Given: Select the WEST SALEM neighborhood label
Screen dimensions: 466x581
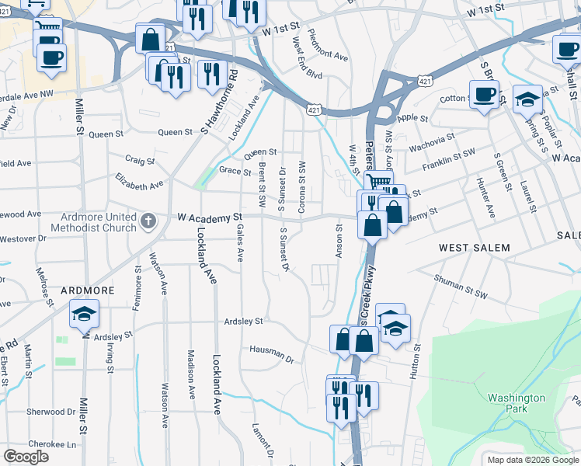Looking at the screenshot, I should coord(475,247).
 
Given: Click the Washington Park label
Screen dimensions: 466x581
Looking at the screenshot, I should coord(517,402).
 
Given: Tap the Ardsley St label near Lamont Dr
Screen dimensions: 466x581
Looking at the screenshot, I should coord(243,320).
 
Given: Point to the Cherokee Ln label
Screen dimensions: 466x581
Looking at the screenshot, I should coord(54,445).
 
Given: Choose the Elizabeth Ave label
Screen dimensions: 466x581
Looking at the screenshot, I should coord(140,185).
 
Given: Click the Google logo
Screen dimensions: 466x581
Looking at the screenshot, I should coord(26,457).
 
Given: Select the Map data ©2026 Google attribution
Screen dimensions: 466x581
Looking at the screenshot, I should coord(532,460).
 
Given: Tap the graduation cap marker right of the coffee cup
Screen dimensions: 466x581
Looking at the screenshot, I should coord(528,99).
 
